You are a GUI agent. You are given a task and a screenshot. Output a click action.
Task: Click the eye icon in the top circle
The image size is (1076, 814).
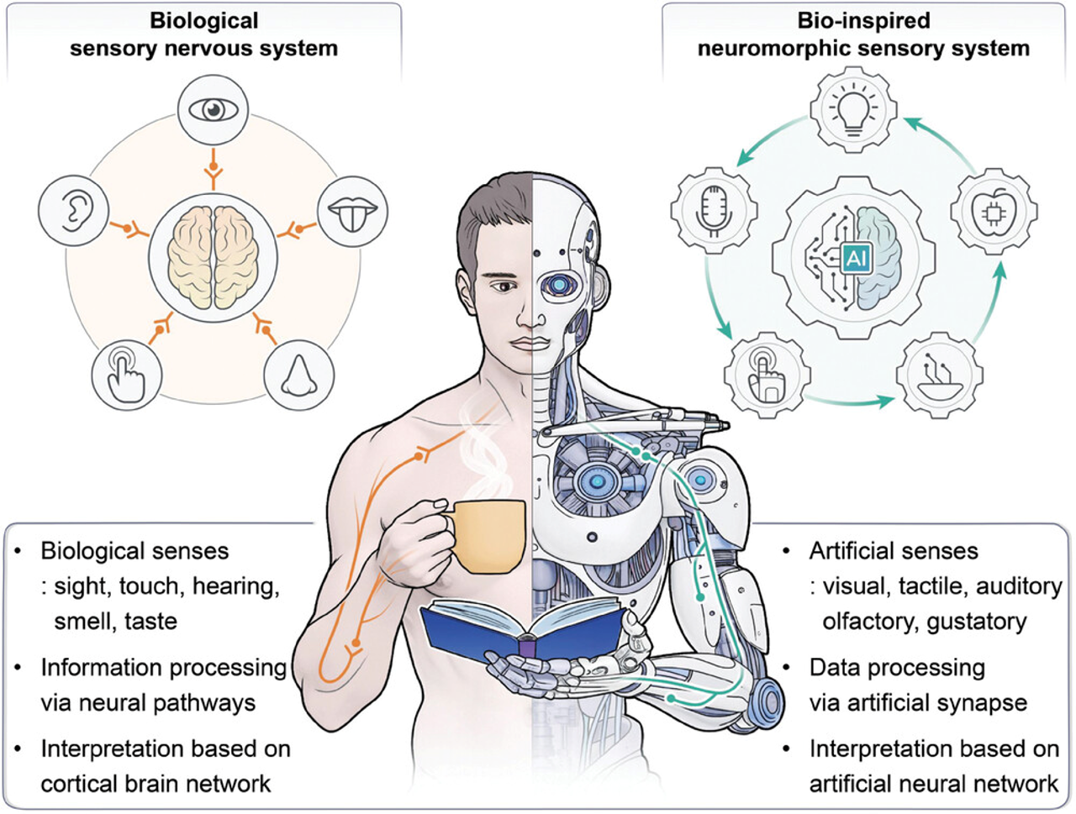(214, 109)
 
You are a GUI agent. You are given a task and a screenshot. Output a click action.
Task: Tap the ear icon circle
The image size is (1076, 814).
(74, 210)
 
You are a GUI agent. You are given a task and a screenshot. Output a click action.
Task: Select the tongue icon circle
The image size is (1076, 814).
(353, 211)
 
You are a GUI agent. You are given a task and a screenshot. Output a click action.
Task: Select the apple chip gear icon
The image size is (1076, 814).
(994, 210)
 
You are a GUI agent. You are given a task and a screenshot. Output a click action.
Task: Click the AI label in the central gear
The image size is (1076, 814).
(855, 258)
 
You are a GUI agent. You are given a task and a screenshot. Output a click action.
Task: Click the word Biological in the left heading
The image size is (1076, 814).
(204, 20)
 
